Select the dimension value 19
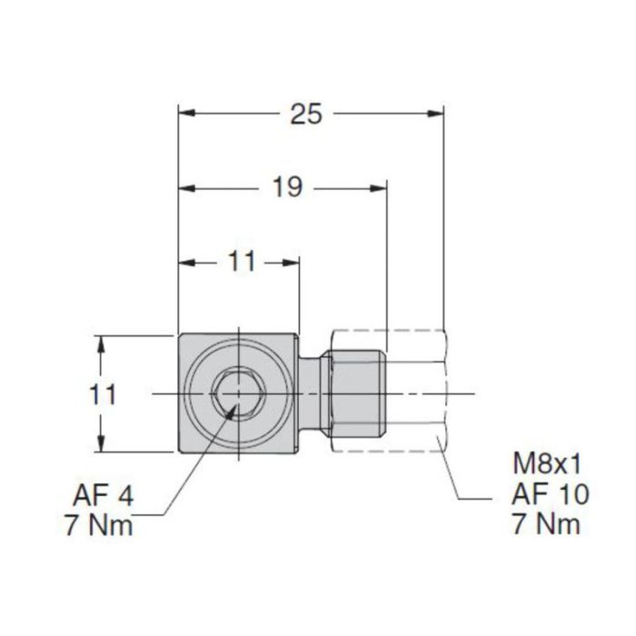click(x=287, y=188)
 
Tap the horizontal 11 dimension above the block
click(x=240, y=263)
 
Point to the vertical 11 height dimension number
click(x=106, y=394)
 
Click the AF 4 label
click(x=101, y=498)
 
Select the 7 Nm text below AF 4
click(x=98, y=526)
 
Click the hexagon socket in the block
click(x=234, y=394)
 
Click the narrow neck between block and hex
click(x=311, y=393)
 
